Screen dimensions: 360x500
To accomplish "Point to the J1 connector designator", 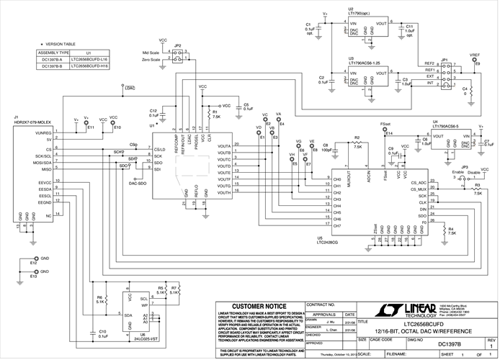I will pos(16,117).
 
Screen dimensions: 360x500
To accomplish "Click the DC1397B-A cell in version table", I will pos(53,59).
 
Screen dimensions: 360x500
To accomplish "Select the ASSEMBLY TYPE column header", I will pos(53,53).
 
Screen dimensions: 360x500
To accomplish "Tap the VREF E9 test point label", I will pos(475,57).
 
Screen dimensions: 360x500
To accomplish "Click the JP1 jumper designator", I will pos(445,59).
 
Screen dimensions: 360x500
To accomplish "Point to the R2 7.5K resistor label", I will pos(357,141).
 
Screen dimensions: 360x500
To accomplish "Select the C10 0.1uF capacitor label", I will pos(102,333).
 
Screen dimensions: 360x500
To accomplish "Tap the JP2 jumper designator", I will pos(177,45).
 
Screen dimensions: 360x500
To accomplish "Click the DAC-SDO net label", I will pos(137,183).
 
